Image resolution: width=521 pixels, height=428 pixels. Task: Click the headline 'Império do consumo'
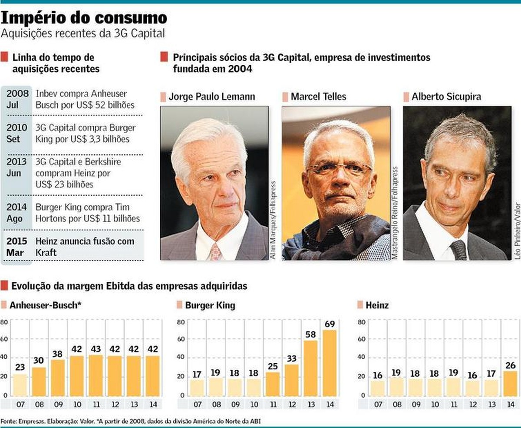pyautogui.click(x=84, y=18)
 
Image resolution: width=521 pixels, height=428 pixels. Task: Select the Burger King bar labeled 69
pyautogui.click(x=330, y=363)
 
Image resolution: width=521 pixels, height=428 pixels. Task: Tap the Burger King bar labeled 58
pyautogui.click(x=310, y=368)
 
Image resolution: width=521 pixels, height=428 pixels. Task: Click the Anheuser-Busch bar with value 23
pyautogui.click(x=20, y=385)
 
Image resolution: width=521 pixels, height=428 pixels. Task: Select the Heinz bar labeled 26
pyautogui.click(x=510, y=384)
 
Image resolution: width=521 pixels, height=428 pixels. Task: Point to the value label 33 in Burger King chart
pyautogui.click(x=291, y=358)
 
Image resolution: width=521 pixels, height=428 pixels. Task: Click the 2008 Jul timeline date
pyautogui.click(x=17, y=99)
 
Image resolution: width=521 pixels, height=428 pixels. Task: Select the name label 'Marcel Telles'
pyautogui.click(x=318, y=97)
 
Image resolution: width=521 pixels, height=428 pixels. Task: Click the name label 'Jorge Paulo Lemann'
pyautogui.click(x=211, y=97)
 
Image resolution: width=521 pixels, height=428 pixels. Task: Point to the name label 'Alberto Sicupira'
pyautogui.click(x=446, y=97)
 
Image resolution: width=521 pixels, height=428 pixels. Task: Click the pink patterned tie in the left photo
pyautogui.click(x=216, y=251)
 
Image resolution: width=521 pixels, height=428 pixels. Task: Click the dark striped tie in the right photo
pyautogui.click(x=458, y=250)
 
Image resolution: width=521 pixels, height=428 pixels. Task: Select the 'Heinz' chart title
pyautogui.click(x=376, y=305)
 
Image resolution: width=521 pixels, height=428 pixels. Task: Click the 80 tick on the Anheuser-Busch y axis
pyautogui.click(x=4, y=322)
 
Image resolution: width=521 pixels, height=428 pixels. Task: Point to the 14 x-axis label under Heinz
pyautogui.click(x=510, y=404)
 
